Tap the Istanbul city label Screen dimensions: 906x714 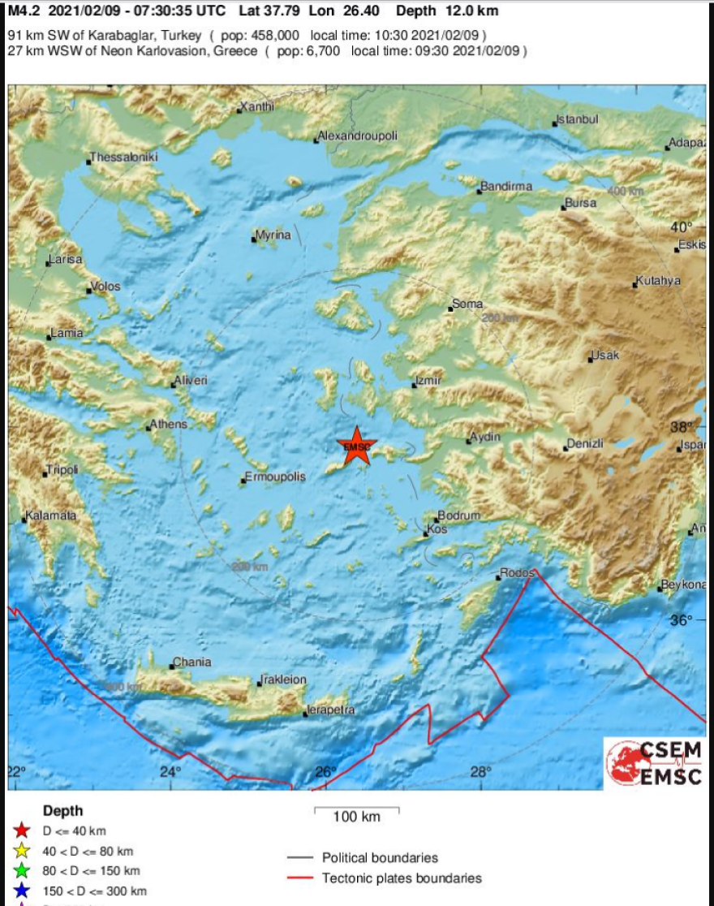(577, 119)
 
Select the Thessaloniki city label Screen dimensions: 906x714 (123, 157)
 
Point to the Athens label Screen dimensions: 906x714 (169, 424)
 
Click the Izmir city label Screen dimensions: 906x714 (428, 380)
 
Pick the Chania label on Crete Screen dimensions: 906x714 (192, 662)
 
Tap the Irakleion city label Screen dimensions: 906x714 (283, 679)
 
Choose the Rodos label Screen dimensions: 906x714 (517, 572)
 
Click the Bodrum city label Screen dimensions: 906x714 (459, 516)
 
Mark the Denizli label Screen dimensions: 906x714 (585, 443)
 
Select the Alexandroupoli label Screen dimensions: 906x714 (358, 136)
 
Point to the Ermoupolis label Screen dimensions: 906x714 (276, 477)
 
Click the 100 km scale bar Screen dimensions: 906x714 (356, 809)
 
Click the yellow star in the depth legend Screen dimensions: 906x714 (22, 851)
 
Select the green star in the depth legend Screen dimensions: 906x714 (22, 871)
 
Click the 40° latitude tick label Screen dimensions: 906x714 (681, 226)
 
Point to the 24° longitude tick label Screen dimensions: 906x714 (170, 771)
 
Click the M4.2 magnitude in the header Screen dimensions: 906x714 (24, 11)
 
